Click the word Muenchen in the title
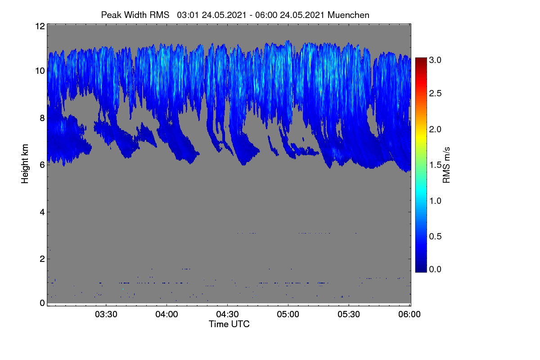click(348, 15)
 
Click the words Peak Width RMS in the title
click(135, 15)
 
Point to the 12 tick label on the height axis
click(40, 26)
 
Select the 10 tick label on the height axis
click(40, 71)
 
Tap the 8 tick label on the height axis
click(42, 118)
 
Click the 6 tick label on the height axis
click(42, 165)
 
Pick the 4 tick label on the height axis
click(42, 212)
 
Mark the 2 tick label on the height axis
click(42, 259)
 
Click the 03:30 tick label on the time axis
click(106, 314)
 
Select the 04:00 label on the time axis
click(167, 314)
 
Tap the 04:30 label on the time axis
click(227, 314)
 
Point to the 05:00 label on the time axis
click(288, 314)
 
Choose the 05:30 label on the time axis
click(349, 314)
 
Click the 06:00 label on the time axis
click(409, 314)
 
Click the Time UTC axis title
click(229, 324)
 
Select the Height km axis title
click(25, 164)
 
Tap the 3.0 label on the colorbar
click(435, 60)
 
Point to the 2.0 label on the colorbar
click(435, 130)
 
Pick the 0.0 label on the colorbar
click(435, 269)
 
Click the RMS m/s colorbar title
click(446, 165)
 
